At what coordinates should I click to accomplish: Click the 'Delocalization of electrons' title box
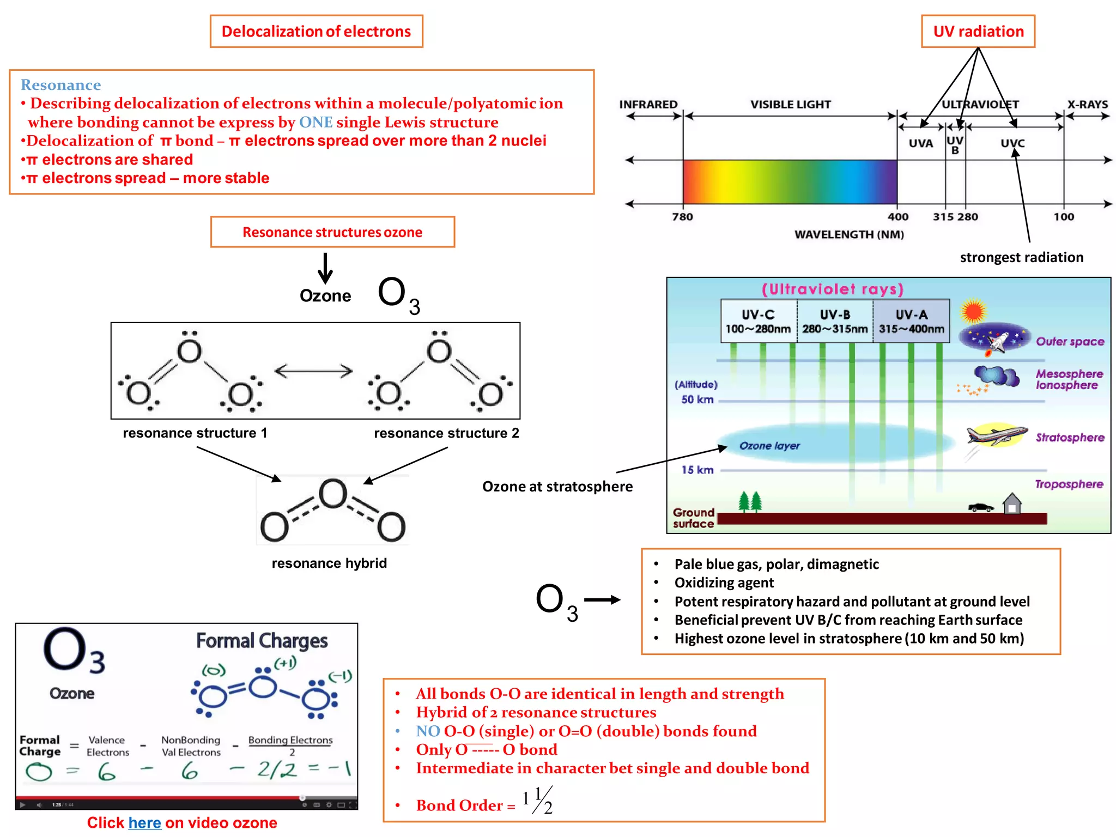point(316,32)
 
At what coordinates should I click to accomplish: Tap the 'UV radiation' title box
point(978,32)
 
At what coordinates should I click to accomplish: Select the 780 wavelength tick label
point(682,217)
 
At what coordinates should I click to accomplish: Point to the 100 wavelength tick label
point(1063,217)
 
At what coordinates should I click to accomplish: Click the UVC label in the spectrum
point(1012,143)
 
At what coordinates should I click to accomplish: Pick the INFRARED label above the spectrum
point(648,104)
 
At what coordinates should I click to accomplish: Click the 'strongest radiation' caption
point(1021,257)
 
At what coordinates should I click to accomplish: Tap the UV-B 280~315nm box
point(835,322)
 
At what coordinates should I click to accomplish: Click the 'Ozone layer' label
point(769,446)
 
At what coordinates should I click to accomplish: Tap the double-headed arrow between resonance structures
point(313,371)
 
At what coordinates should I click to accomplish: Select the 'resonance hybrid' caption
point(329,563)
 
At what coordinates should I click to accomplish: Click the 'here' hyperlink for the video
point(144,822)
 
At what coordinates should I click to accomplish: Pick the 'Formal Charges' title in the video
point(262,641)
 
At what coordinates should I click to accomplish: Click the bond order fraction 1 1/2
point(538,800)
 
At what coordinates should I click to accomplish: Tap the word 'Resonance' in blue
point(60,85)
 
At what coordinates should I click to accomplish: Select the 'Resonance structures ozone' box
point(332,232)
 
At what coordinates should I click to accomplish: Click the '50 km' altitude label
point(697,399)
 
